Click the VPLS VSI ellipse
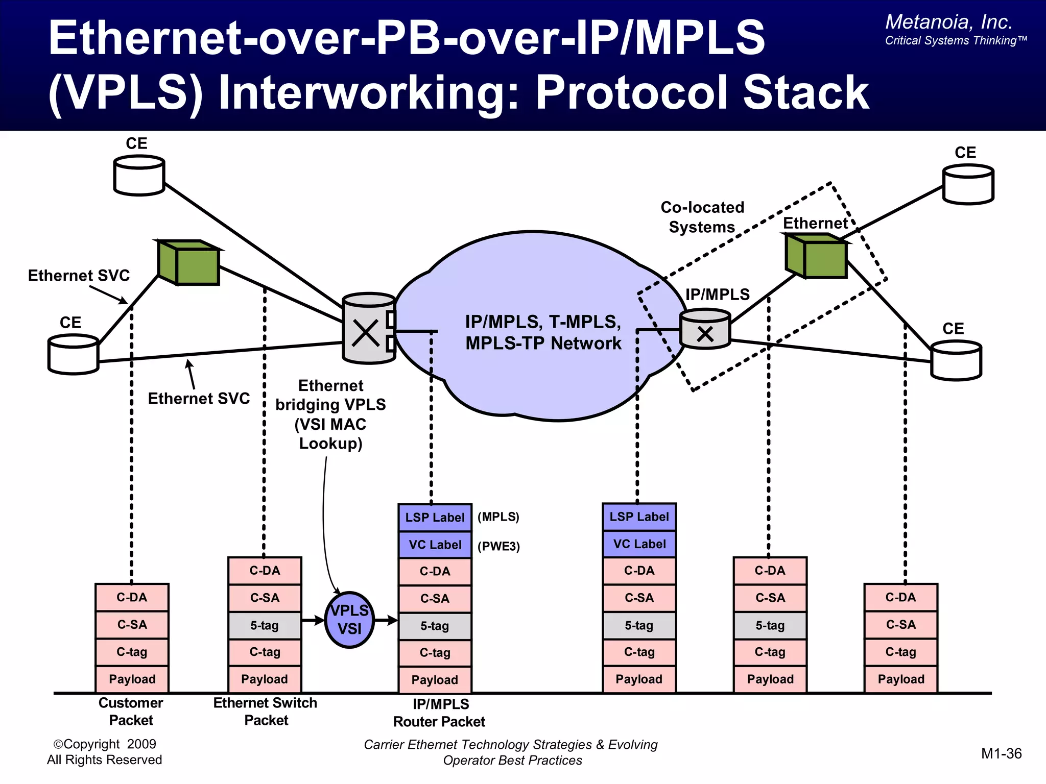tap(349, 620)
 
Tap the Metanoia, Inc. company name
tap(948, 22)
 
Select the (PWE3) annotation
tap(498, 546)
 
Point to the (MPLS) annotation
tap(498, 517)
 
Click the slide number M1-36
tap(1001, 753)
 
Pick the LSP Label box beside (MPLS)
tap(435, 518)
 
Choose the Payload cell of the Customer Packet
tap(132, 679)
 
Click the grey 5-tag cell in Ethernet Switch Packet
tap(265, 625)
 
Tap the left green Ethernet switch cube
tap(189, 262)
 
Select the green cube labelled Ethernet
tap(816, 256)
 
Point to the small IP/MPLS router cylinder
tap(705, 330)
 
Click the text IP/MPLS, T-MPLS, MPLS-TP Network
tap(543, 332)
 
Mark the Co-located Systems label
tap(702, 217)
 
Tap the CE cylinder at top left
tap(139, 176)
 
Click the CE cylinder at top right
tap(968, 184)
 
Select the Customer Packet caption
tap(131, 712)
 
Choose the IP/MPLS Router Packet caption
tap(439, 713)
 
